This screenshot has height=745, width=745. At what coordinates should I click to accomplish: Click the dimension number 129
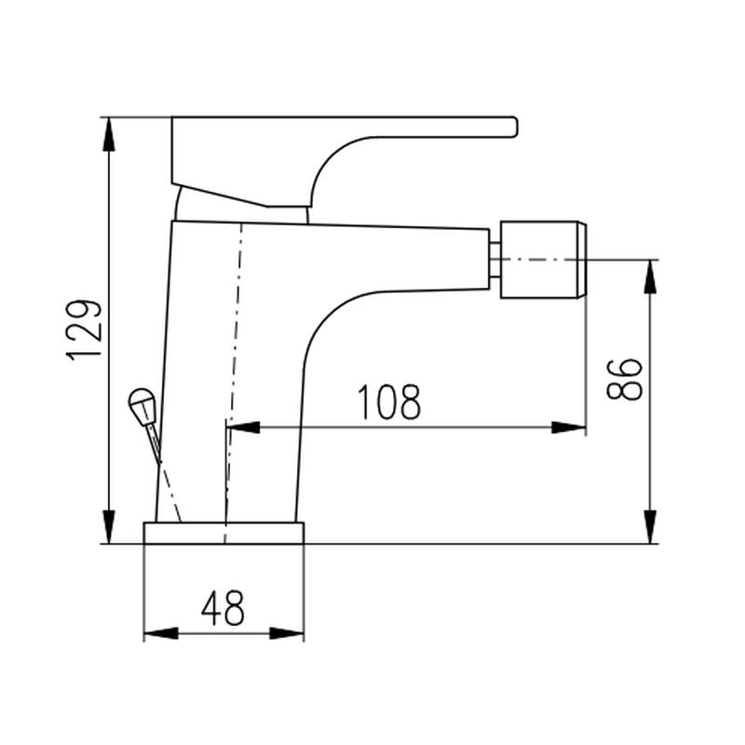pyautogui.click(x=84, y=330)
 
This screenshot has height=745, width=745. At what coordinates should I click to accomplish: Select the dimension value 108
pyautogui.click(x=389, y=402)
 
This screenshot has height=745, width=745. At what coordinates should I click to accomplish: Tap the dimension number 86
pyautogui.click(x=624, y=379)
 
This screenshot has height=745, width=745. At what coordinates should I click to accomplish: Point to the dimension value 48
pyautogui.click(x=223, y=608)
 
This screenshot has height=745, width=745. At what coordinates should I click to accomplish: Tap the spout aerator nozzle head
pyautogui.click(x=544, y=260)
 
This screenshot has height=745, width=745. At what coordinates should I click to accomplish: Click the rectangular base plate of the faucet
pyautogui.click(x=223, y=533)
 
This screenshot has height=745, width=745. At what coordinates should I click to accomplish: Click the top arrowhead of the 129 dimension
pyautogui.click(x=109, y=134)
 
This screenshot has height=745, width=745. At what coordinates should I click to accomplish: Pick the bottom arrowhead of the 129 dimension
pyautogui.click(x=109, y=526)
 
